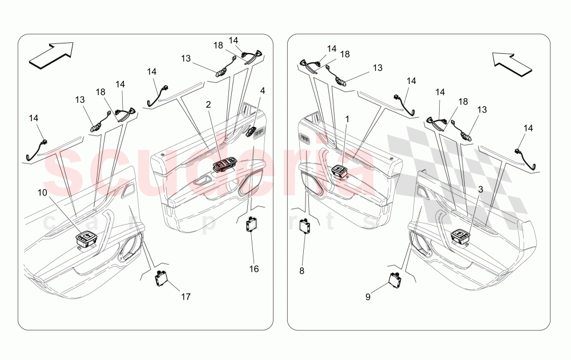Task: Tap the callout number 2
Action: pyautogui.click(x=208, y=105)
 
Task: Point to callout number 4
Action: pyautogui.click(x=262, y=90)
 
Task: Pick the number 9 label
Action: pyautogui.click(x=368, y=297)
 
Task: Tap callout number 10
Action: pyautogui.click(x=43, y=193)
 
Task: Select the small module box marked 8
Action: pyautogui.click(x=305, y=226)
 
